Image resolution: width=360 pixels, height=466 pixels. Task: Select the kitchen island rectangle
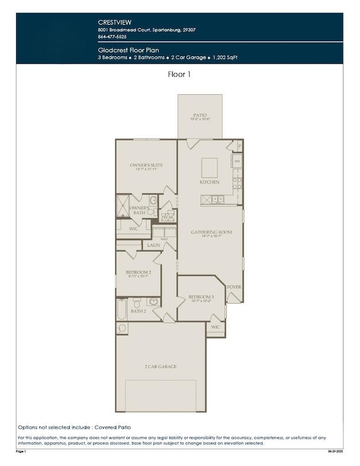click(x=209, y=166)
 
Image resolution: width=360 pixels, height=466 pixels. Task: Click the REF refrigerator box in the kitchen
click(x=236, y=161)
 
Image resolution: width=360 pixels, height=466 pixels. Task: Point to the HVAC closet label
click(x=166, y=217)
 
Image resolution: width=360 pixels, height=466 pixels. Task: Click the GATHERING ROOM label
click(x=211, y=232)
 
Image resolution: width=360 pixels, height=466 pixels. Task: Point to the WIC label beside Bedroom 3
click(x=215, y=327)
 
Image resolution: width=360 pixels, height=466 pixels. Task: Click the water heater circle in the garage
click(x=122, y=328)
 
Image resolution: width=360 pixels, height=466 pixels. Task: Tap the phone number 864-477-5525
click(x=111, y=36)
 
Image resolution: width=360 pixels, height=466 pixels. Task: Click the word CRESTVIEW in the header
click(x=111, y=22)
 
